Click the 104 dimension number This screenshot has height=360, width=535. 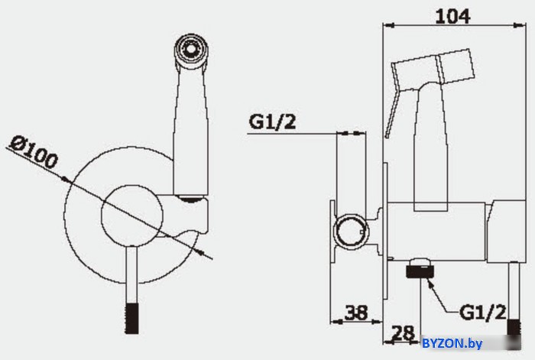point(452,16)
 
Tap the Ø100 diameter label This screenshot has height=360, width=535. point(34,152)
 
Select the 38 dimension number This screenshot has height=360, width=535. point(357,312)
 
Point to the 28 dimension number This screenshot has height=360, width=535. point(403,332)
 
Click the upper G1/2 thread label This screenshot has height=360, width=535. point(272,121)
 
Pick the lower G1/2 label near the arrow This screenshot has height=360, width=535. point(483,312)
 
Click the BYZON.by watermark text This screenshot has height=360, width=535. point(452,343)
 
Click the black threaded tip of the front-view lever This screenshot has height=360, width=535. point(131,319)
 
